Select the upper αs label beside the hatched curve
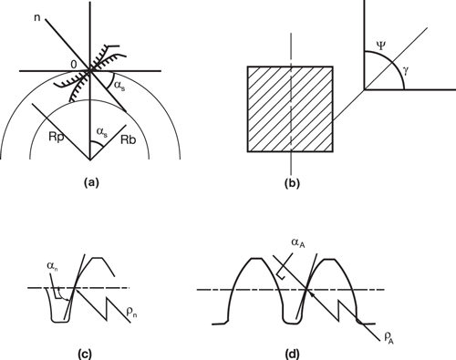pos(120,86)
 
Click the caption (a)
pos(90,182)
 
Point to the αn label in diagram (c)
pos(53,267)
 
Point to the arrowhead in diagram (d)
pos(312,294)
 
